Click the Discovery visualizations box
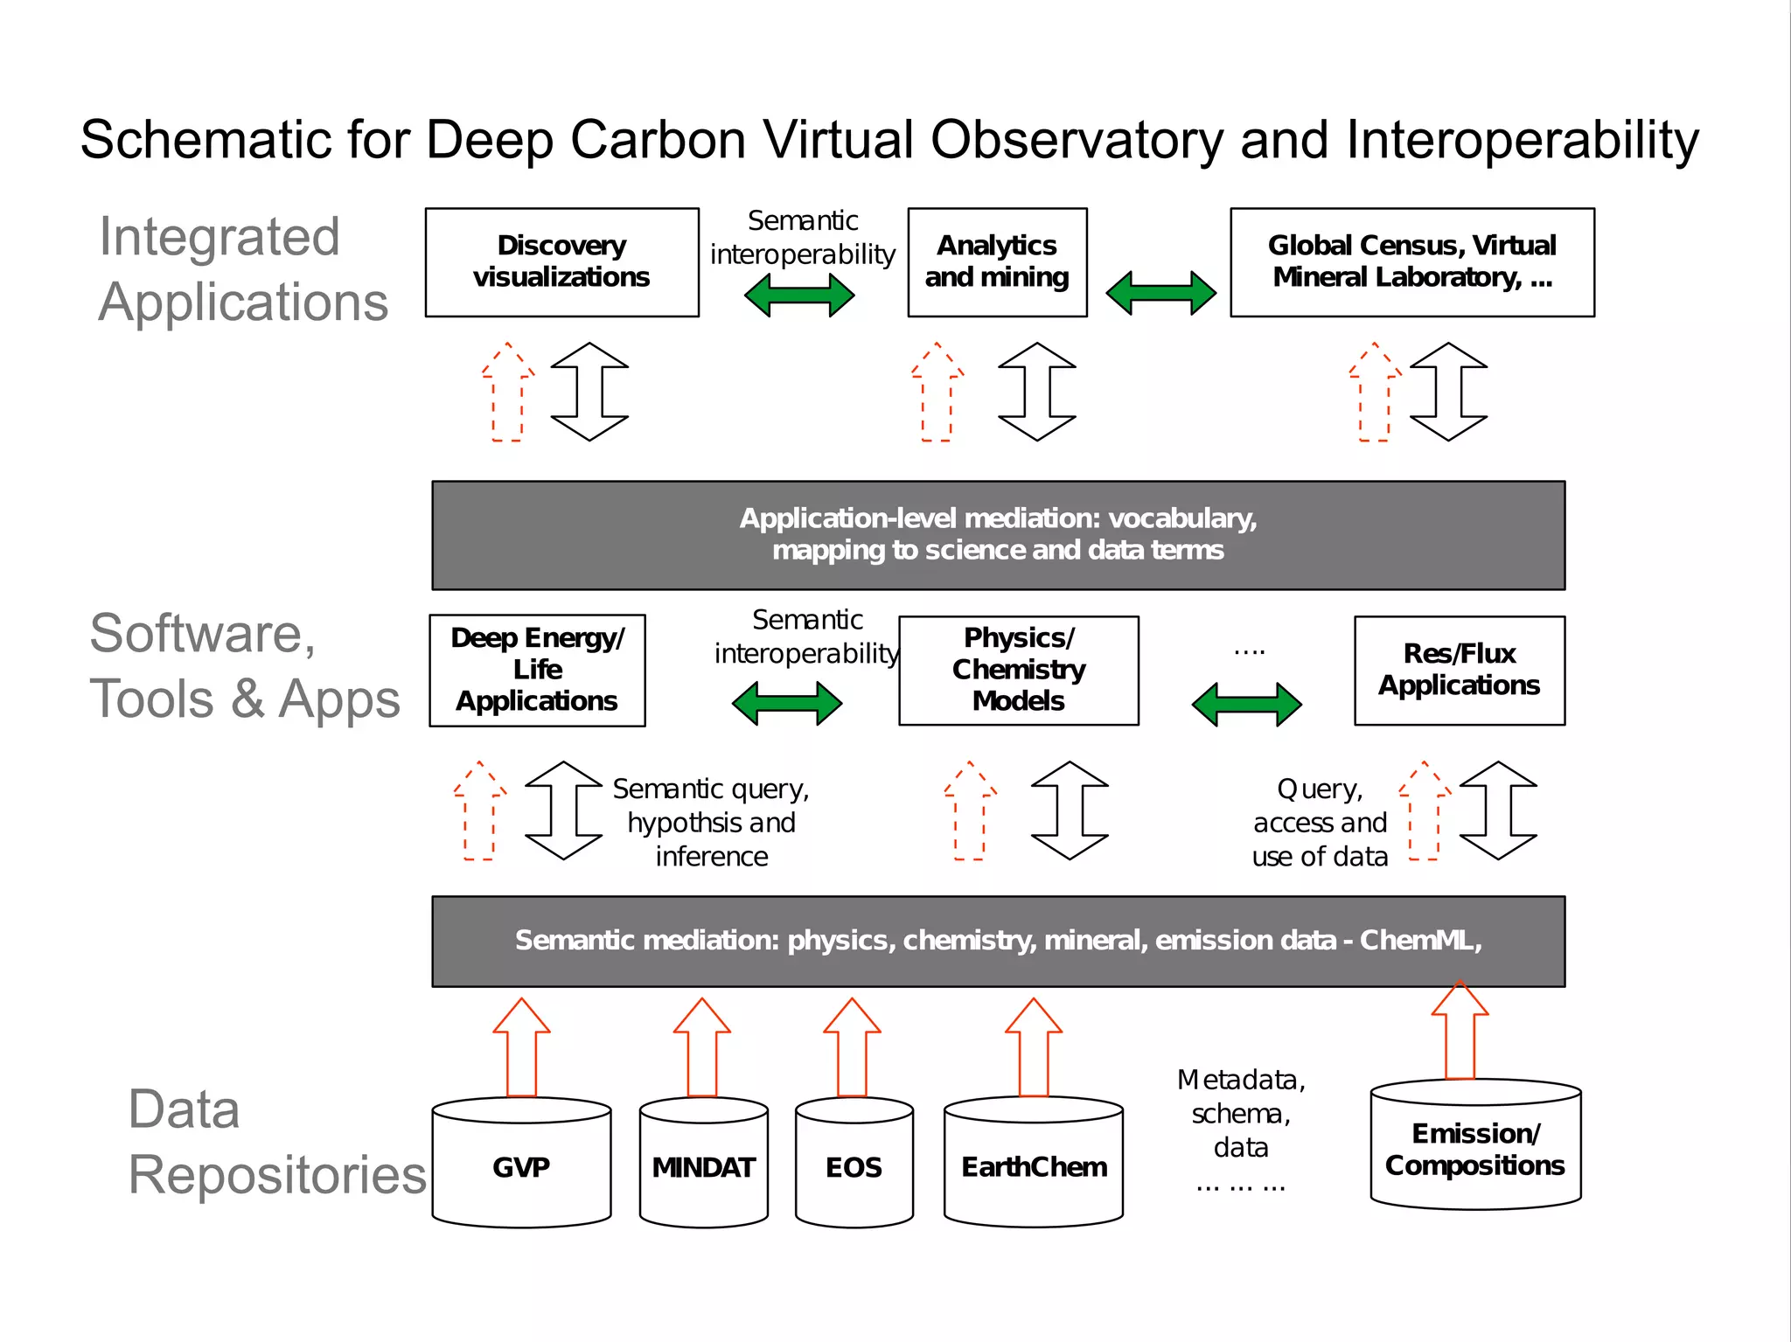click(x=561, y=262)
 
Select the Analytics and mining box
click(x=997, y=262)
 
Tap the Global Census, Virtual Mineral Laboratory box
click(x=1411, y=262)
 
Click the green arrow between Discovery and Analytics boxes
click(x=798, y=296)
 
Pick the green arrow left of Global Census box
click(x=1160, y=293)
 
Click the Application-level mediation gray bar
click(x=998, y=535)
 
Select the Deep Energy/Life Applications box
click(x=537, y=671)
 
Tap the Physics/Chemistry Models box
click(x=1018, y=671)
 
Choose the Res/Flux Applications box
click(x=1459, y=671)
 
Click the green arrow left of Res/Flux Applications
click(x=1246, y=705)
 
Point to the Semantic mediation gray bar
click(x=998, y=942)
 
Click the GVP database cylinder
click(x=521, y=1166)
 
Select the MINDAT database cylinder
click(x=703, y=1166)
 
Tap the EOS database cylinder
click(x=854, y=1166)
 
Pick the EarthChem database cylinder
click(x=1034, y=1166)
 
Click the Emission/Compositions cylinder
click(x=1475, y=1150)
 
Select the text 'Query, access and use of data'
click(x=1320, y=823)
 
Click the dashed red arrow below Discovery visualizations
click(x=508, y=393)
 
